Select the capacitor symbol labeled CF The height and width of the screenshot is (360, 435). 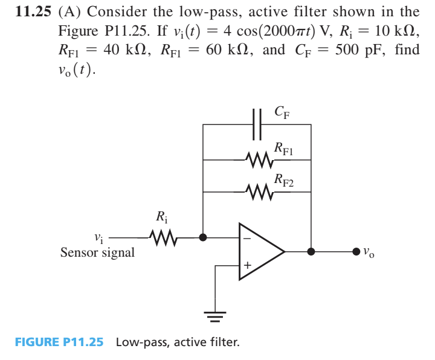[257, 124]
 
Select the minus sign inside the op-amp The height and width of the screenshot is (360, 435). [247, 238]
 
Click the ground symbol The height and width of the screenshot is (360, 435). [216, 315]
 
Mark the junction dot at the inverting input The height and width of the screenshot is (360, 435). [203, 237]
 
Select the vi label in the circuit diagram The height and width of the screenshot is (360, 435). [99, 238]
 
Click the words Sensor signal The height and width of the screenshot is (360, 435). [97, 253]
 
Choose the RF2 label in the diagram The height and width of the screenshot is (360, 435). [284, 179]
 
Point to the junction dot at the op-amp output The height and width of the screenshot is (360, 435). [311, 251]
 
